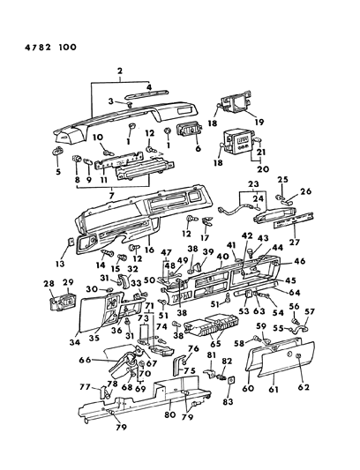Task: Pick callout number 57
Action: [x=334, y=336]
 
